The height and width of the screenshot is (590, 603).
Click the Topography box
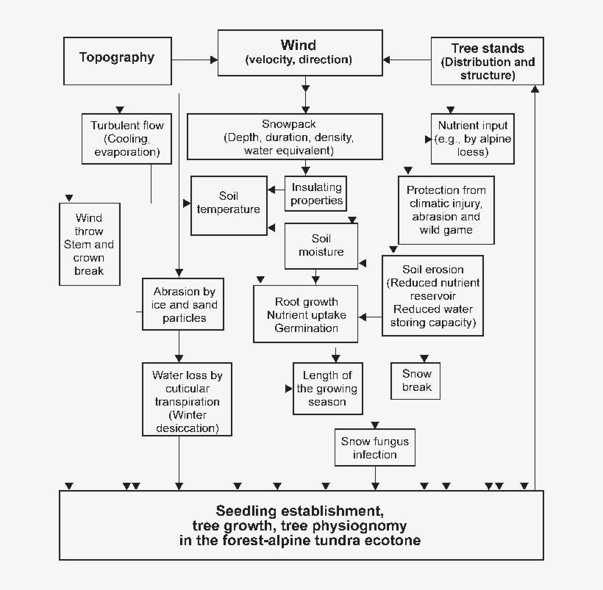117,57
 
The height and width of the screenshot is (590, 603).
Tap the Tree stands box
487,62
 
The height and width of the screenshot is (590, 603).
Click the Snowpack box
285,137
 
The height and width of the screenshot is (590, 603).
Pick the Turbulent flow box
126,138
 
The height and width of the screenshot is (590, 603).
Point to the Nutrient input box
472,138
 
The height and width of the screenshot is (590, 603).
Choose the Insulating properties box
315,194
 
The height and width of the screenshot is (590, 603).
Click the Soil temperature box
229,205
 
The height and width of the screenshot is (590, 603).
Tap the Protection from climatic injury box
446,210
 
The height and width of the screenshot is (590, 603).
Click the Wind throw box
88,244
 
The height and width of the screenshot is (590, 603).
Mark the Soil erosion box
432,296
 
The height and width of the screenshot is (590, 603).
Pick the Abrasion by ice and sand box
180,304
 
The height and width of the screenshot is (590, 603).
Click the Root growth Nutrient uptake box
306,314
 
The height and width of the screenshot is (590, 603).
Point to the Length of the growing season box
327,389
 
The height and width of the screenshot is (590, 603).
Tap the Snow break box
416,381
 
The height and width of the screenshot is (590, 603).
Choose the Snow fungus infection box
374,447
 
